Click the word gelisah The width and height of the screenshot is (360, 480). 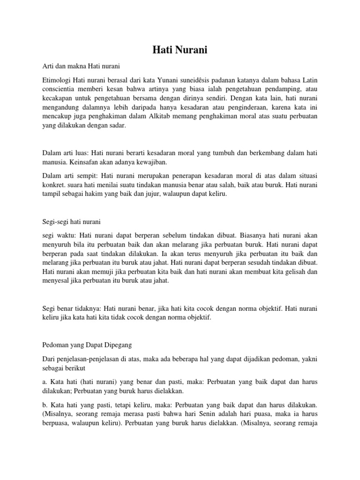point(306,271)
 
